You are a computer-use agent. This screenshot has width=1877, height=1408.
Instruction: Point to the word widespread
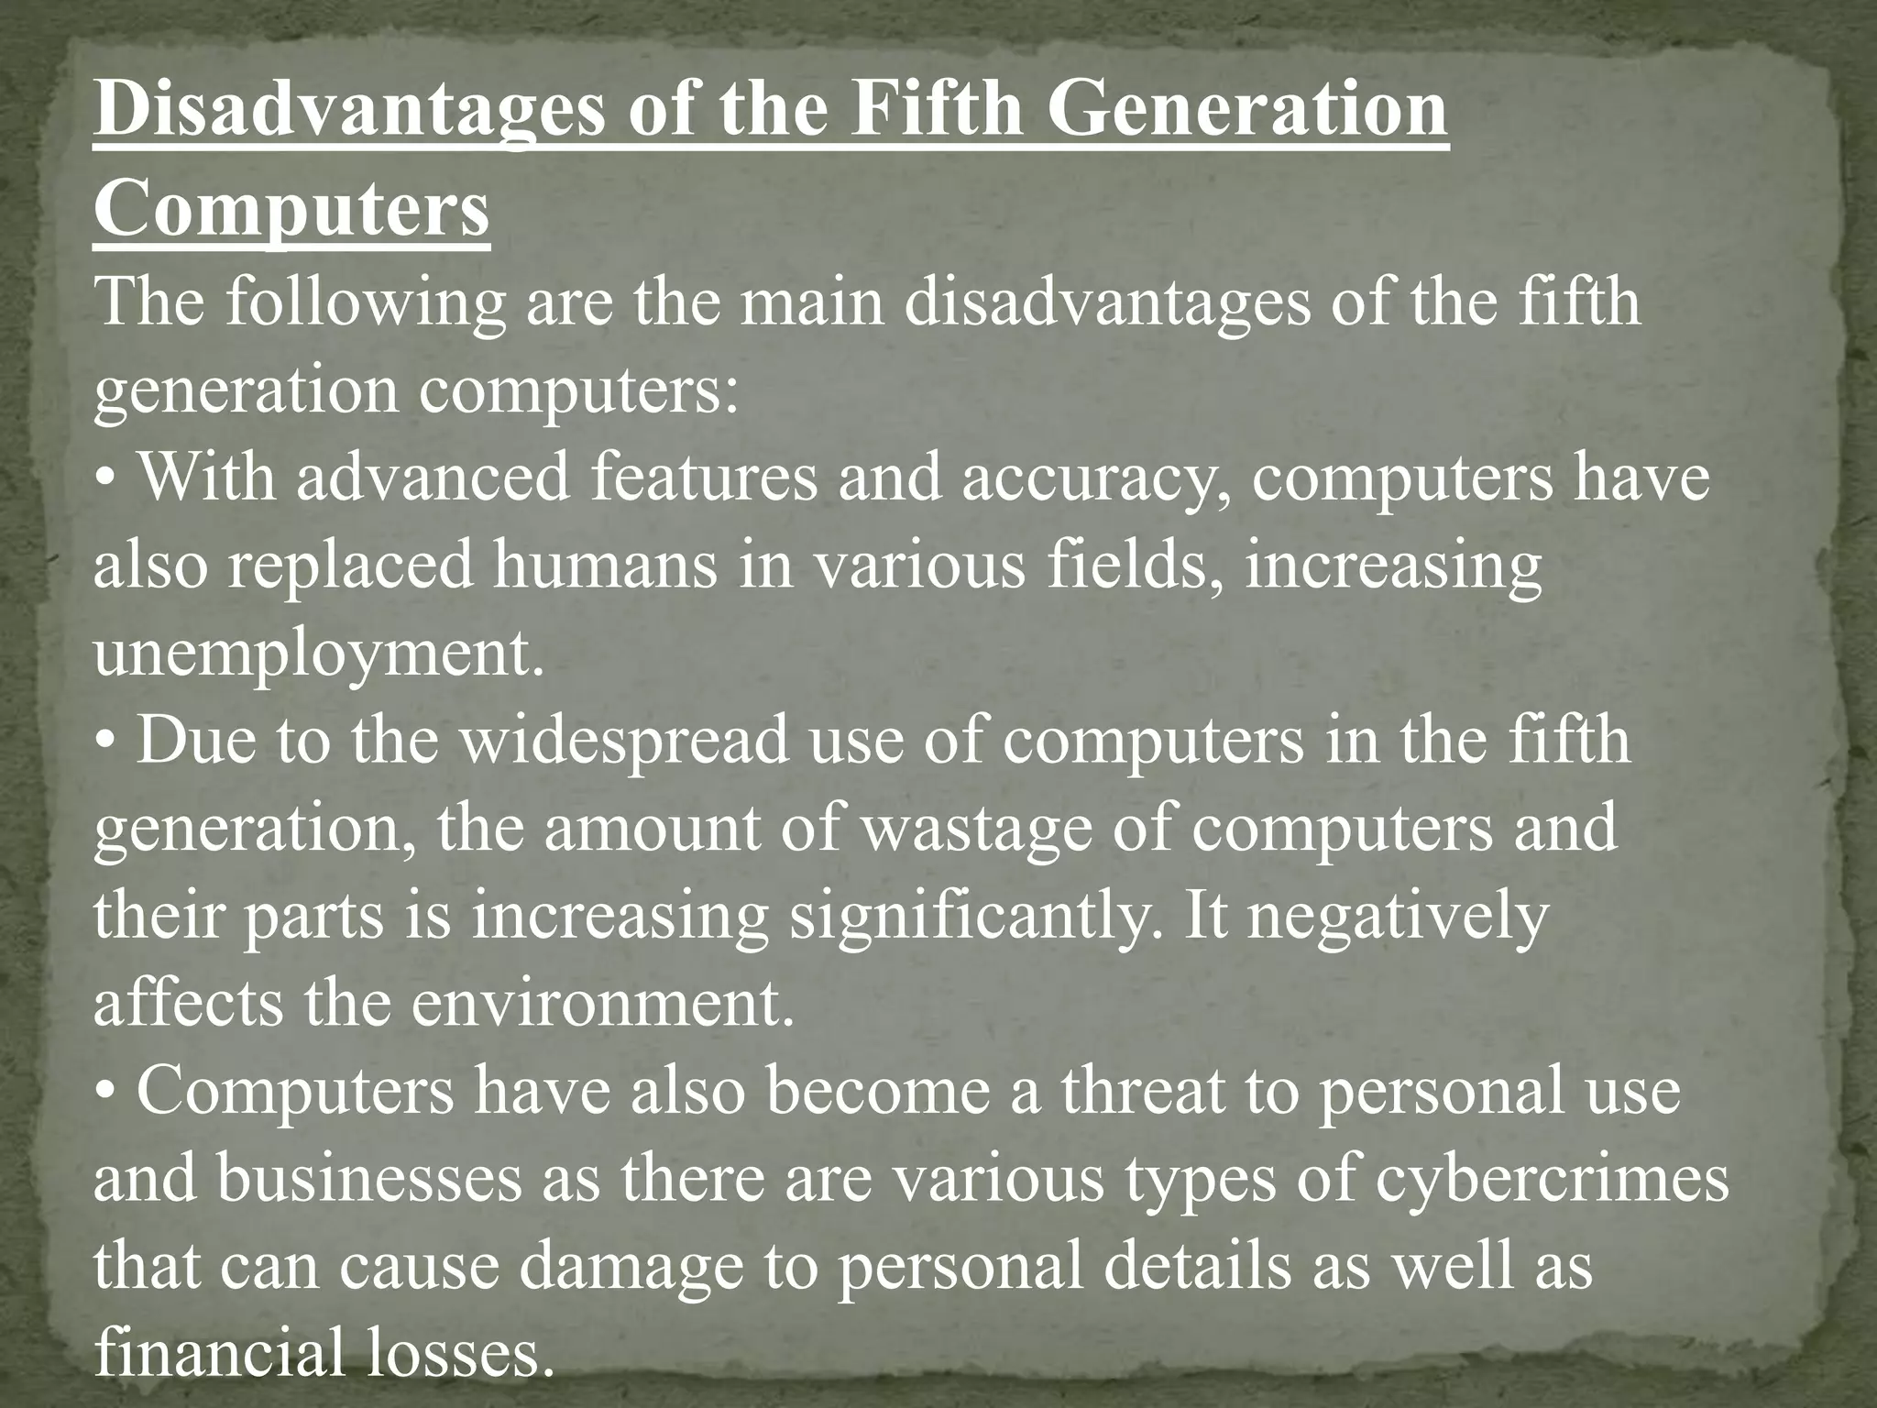pyautogui.click(x=624, y=742)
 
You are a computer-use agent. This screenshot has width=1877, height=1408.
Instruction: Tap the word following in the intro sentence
pyautogui.click(x=367, y=303)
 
